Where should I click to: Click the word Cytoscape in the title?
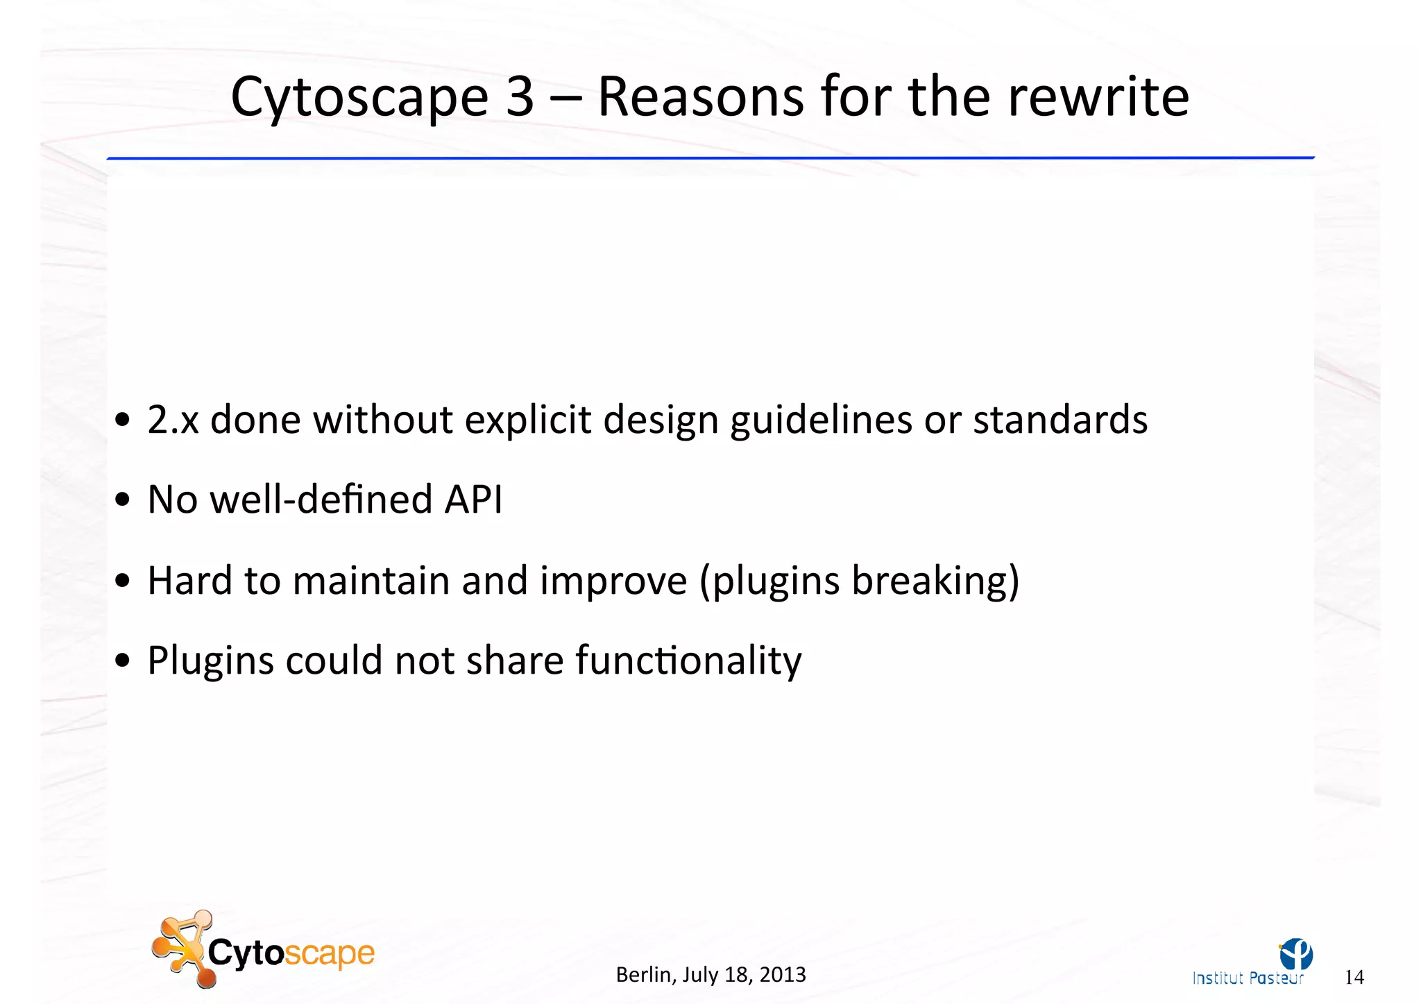coord(359,97)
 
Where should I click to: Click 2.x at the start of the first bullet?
coord(173,420)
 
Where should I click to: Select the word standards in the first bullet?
coord(1060,420)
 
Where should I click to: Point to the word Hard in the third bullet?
coord(189,580)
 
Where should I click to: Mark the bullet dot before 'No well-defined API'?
coord(123,500)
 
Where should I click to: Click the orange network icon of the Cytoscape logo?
coord(182,947)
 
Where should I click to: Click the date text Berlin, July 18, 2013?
coord(710,975)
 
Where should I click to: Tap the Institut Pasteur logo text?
coord(1248,978)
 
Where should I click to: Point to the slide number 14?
coord(1354,978)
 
